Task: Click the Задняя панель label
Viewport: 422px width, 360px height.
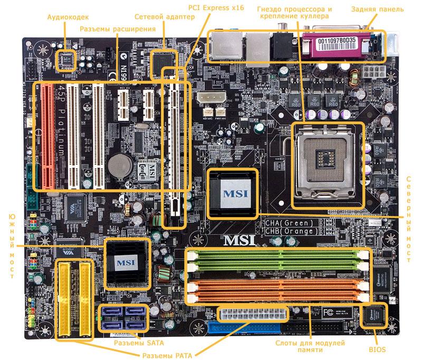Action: pyautogui.click(x=377, y=10)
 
